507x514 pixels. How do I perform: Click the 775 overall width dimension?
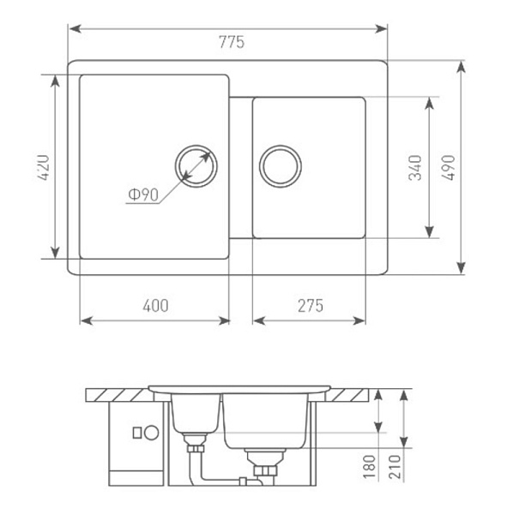[232, 42]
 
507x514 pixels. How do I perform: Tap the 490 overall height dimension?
[449, 168]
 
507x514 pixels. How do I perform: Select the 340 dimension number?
[415, 168]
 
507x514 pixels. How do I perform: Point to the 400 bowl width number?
[155, 306]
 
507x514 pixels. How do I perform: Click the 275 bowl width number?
[311, 306]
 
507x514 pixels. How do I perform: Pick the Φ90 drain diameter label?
[143, 194]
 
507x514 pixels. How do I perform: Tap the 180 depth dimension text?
[369, 467]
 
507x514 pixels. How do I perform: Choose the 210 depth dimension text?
[395, 467]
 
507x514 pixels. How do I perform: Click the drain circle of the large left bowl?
[196, 146]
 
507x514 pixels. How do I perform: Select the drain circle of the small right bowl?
[281, 146]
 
